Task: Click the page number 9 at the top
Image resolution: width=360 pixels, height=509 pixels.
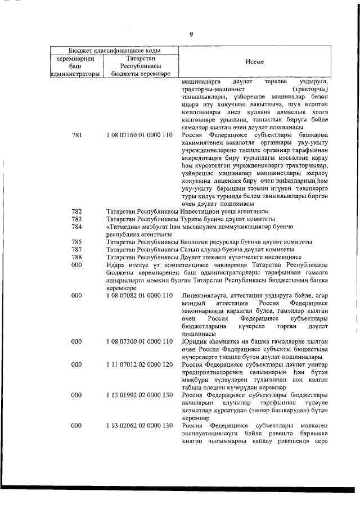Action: click(191, 34)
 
